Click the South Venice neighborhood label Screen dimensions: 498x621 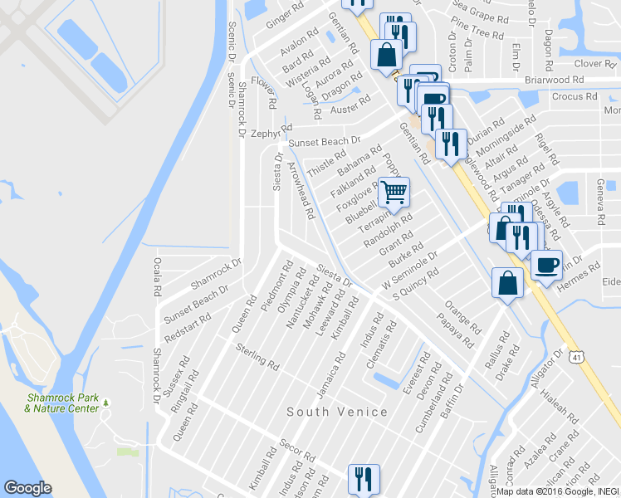[x=337, y=412]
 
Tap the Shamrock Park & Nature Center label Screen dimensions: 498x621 [x=62, y=403]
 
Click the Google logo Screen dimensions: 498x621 [x=27, y=488]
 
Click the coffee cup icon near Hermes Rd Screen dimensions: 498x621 [x=546, y=265]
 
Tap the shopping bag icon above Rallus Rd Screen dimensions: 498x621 [x=507, y=283]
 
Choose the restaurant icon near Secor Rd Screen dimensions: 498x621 [x=363, y=478]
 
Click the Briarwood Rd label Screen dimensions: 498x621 [x=555, y=81]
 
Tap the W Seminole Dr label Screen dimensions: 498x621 [x=408, y=273]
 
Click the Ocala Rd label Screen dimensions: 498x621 [x=156, y=277]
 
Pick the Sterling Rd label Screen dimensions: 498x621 [x=257, y=354]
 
